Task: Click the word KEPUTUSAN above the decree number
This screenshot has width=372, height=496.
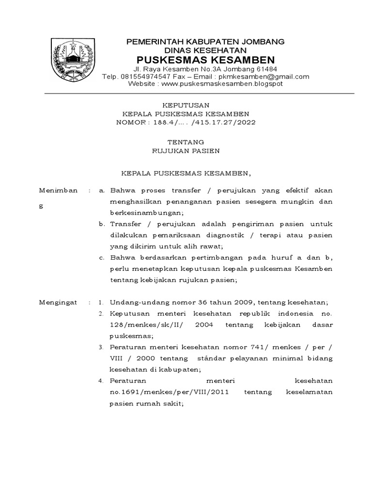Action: pos(186,105)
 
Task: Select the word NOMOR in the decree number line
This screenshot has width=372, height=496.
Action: pos(131,123)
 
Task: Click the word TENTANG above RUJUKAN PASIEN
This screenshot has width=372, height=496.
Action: pos(186,142)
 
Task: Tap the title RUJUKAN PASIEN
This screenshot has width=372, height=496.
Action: pos(186,151)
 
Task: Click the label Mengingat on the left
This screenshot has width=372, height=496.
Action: pos(58,302)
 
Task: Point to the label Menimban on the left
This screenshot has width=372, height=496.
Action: pos(58,190)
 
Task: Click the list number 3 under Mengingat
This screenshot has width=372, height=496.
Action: pos(100,347)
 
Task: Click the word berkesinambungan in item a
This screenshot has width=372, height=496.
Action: pos(147,213)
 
